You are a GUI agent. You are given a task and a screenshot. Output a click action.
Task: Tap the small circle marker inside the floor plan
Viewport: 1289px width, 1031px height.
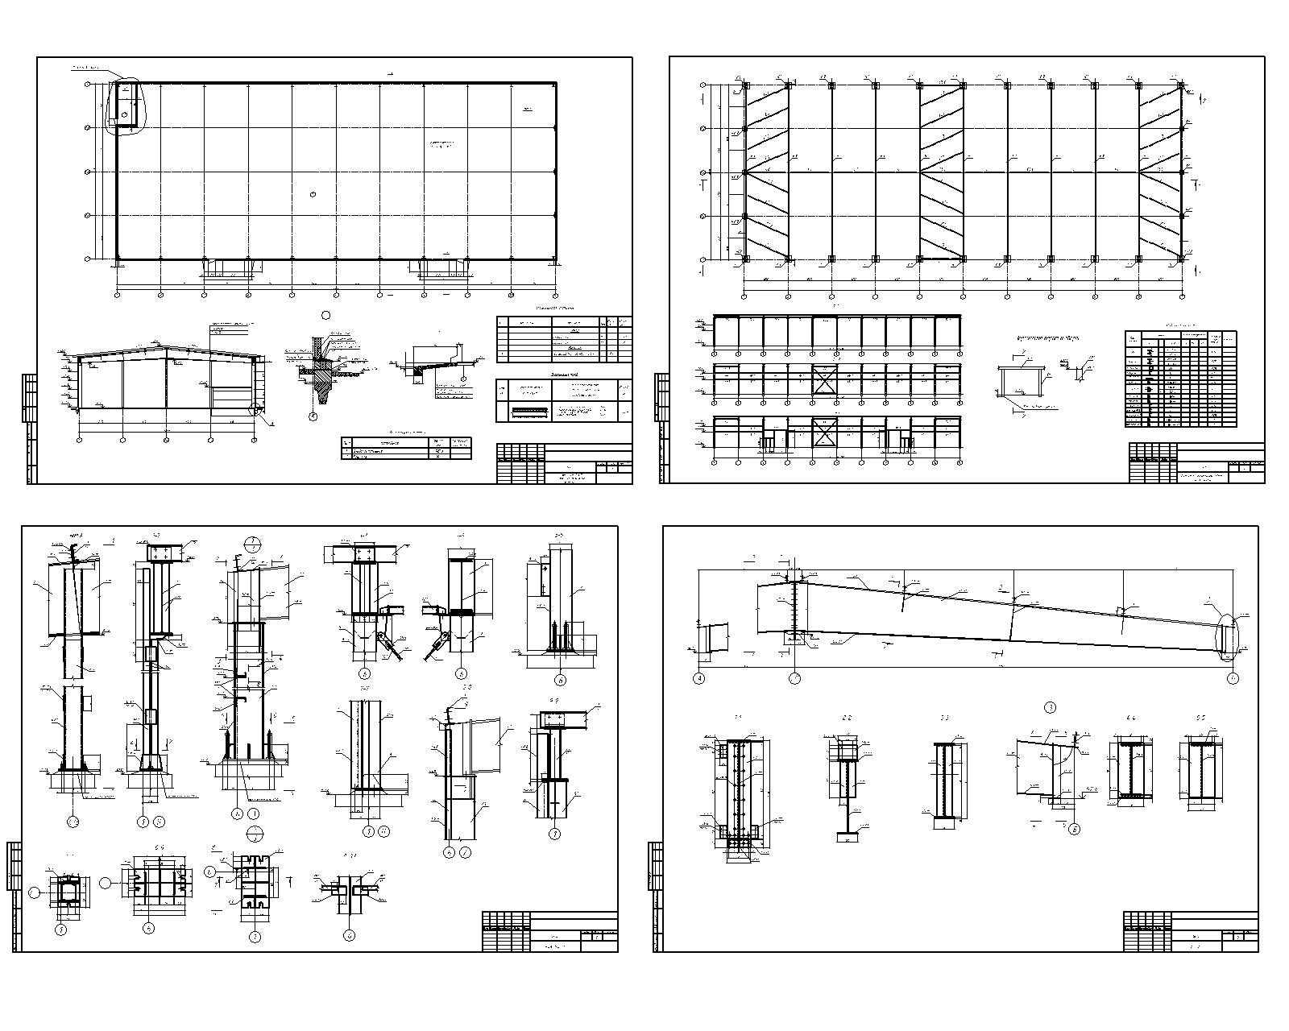click(x=313, y=193)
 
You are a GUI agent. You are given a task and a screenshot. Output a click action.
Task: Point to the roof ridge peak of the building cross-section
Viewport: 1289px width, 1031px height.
click(x=167, y=347)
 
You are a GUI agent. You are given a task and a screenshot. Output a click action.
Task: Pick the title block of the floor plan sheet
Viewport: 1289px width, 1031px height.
click(x=564, y=463)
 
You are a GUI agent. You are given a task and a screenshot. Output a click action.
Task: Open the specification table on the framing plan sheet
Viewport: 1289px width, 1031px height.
click(x=1180, y=379)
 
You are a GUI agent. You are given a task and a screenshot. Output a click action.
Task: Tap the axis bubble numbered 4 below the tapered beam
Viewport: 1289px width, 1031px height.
click(x=698, y=678)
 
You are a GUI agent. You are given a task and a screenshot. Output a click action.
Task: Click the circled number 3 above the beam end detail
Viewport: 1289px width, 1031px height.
click(x=1050, y=707)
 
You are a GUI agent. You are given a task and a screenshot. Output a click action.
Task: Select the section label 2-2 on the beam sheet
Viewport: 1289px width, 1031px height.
click(x=847, y=717)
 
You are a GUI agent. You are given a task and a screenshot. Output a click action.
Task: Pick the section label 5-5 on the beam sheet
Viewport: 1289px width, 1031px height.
click(x=1200, y=717)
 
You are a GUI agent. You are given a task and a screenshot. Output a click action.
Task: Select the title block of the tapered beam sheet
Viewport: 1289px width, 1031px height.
click(x=1191, y=931)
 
